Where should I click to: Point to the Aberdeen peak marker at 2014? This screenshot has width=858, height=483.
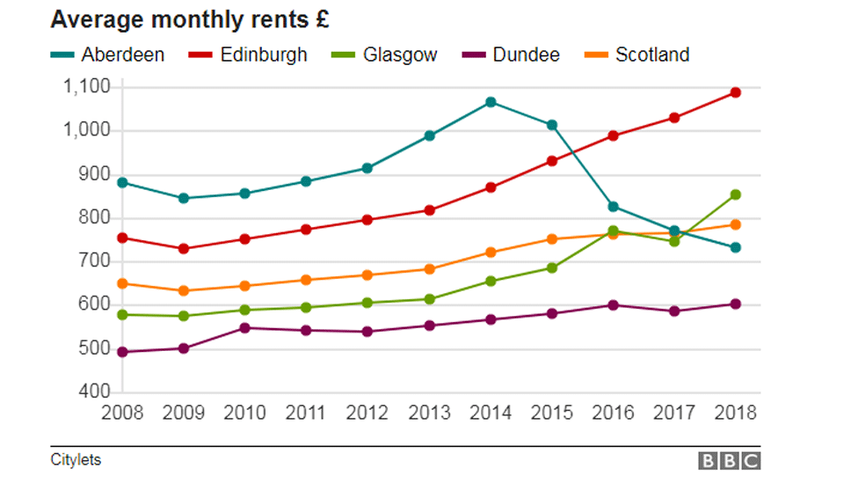coord(491,102)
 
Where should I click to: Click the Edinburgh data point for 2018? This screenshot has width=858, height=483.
coord(736,92)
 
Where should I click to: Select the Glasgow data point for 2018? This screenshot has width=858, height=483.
coord(736,194)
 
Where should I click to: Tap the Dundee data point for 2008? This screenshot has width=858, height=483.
coord(123,352)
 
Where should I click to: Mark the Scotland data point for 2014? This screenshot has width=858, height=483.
coord(491,252)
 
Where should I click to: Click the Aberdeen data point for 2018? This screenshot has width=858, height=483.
coord(736,247)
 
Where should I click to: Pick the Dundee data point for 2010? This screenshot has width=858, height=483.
coord(245,328)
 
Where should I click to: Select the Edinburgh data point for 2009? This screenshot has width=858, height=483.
coord(184,249)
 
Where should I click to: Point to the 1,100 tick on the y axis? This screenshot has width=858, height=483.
coord(86,86)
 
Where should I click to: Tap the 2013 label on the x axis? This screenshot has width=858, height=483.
coord(429,412)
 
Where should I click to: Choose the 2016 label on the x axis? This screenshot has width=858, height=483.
coord(614,412)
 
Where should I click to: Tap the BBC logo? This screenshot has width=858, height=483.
coord(729,460)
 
